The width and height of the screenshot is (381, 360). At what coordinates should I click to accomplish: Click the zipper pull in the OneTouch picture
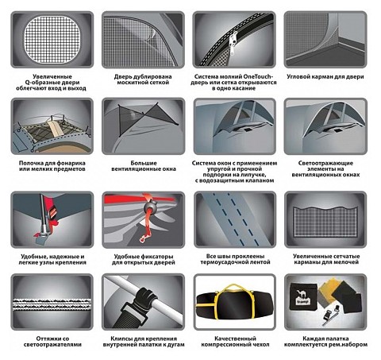(x=233, y=44)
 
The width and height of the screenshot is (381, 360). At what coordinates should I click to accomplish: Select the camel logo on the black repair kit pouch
(x=301, y=293)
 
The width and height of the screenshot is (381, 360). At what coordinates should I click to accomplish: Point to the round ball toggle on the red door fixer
(x=149, y=207)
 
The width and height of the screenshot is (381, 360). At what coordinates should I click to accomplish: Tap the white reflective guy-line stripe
(x=52, y=304)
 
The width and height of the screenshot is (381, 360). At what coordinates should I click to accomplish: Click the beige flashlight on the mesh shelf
(x=53, y=128)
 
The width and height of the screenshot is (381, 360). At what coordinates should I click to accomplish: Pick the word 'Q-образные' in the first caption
(x=41, y=83)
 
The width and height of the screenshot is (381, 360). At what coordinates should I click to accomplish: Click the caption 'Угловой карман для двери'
(x=325, y=76)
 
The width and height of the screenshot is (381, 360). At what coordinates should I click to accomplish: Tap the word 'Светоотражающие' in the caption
(x=325, y=163)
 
